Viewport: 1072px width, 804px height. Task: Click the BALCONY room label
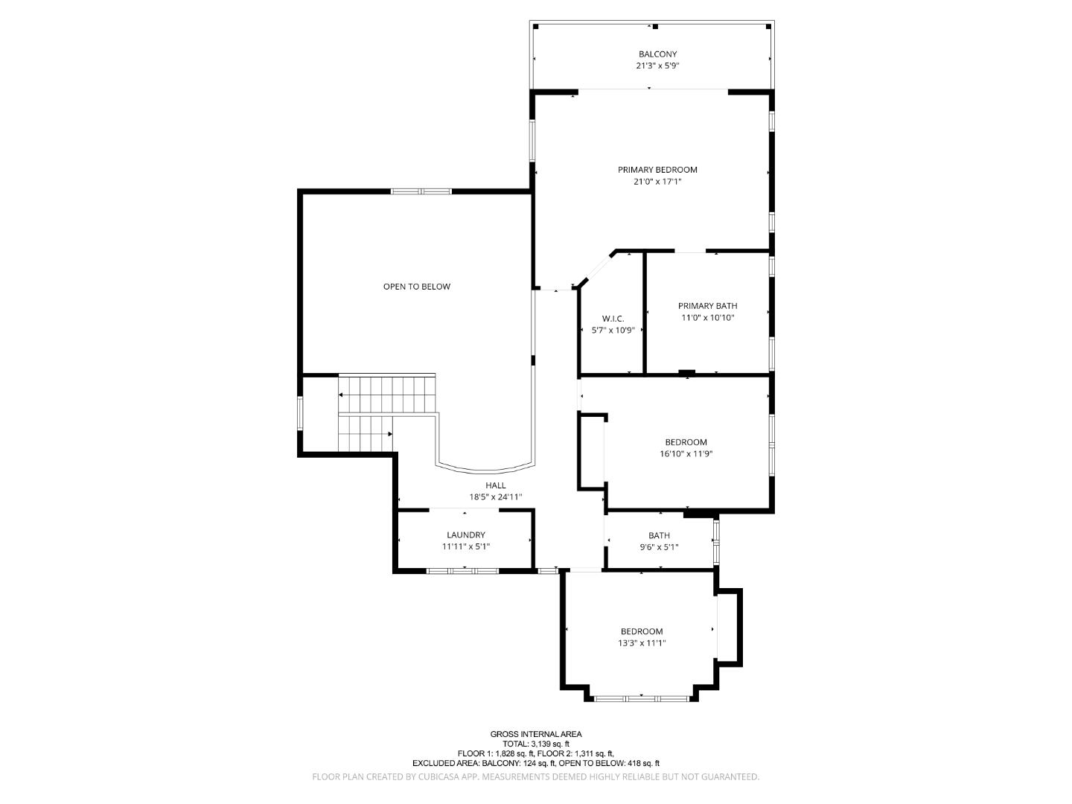point(657,54)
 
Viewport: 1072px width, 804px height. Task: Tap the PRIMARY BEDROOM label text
point(657,170)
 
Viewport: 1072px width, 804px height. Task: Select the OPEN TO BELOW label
point(417,287)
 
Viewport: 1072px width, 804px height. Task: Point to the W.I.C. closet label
point(613,319)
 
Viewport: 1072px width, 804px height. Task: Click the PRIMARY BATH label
point(708,306)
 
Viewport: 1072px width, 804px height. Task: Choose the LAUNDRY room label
point(466,535)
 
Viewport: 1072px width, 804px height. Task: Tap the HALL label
point(496,485)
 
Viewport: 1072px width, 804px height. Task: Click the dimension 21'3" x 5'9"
point(657,66)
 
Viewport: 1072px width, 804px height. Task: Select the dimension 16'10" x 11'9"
point(686,454)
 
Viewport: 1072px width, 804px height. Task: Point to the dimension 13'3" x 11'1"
point(642,643)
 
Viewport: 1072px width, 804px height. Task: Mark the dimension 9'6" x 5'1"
point(660,547)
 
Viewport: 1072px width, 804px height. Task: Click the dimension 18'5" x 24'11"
point(496,497)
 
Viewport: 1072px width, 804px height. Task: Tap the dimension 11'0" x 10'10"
point(708,318)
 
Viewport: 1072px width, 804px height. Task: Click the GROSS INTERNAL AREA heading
point(536,734)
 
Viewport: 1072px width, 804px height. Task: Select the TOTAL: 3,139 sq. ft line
point(536,744)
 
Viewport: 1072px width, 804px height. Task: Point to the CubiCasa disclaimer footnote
point(536,776)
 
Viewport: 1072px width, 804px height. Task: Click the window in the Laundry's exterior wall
point(462,570)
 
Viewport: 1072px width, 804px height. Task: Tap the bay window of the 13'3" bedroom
point(642,699)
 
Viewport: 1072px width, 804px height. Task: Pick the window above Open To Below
point(421,191)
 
